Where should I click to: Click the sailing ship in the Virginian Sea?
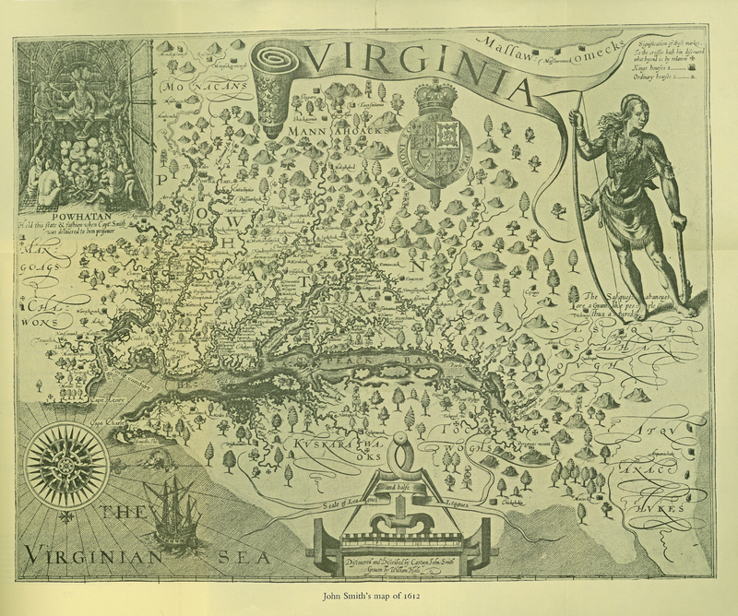170,512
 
